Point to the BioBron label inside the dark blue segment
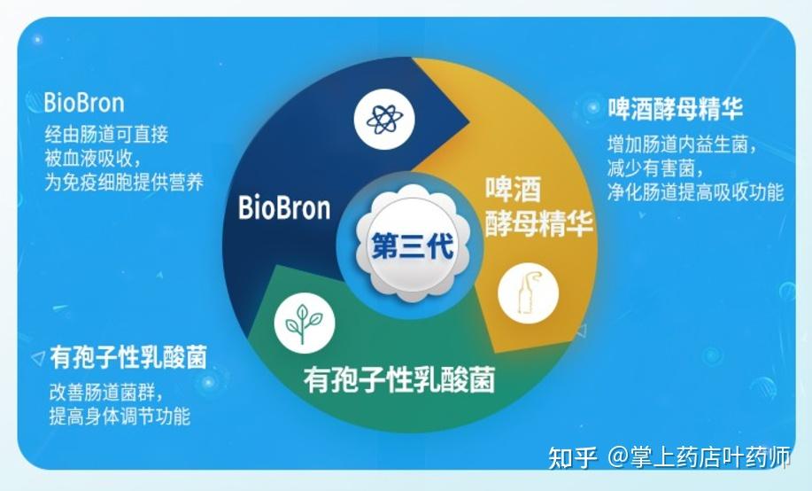coord(284,208)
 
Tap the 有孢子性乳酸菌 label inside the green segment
coord(398,380)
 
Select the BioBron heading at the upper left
coord(84,103)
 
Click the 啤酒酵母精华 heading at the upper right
coord(675,109)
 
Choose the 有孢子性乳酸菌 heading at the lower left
coord(128,357)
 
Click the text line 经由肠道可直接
coord(106,136)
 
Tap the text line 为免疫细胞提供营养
coord(124,183)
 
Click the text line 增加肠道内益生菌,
coord(682,145)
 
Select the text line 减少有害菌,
coord(656,168)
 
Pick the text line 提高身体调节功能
coord(120,416)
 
